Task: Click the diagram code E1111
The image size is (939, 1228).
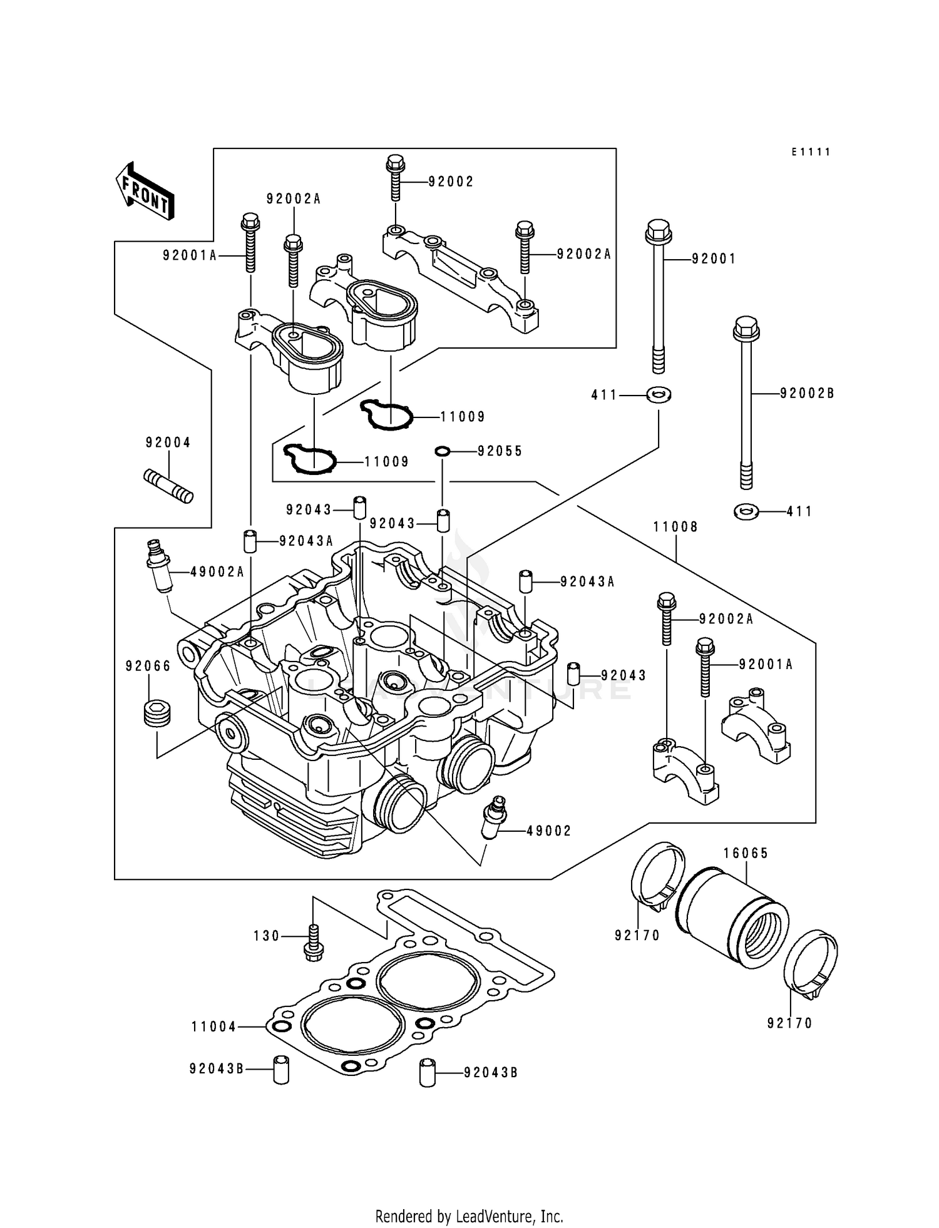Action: [810, 152]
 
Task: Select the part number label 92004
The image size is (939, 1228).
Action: [168, 443]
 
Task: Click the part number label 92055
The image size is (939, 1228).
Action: [500, 451]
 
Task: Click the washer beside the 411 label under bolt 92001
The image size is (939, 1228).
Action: [659, 395]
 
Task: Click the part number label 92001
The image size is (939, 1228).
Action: [714, 258]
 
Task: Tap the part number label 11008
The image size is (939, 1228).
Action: [675, 527]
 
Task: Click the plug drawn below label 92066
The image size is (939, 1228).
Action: [156, 714]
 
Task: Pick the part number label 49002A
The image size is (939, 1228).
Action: [217, 571]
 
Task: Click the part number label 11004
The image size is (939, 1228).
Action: [214, 1027]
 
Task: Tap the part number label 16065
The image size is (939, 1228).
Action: [746, 853]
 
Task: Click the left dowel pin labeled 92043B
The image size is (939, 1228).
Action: [281, 1070]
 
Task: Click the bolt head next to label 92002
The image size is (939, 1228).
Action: [394, 165]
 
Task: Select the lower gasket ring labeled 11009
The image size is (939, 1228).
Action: [310, 460]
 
